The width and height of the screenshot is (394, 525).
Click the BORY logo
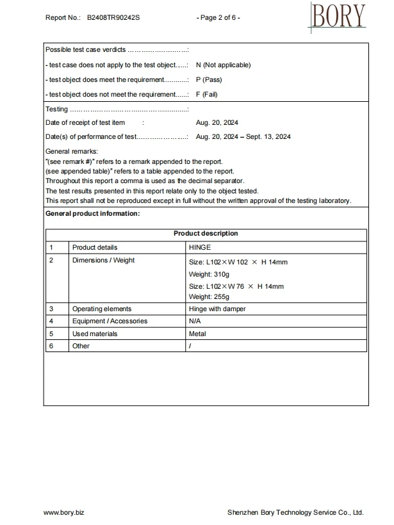pyautogui.click(x=339, y=17)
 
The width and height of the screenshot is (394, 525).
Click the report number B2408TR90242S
pyautogui.click(x=113, y=17)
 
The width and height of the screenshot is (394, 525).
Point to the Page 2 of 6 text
pyautogui.click(x=218, y=17)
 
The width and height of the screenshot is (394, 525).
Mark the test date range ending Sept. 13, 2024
pyautogui.click(x=243, y=137)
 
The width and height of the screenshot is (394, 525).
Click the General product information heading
pyautogui.click(x=92, y=213)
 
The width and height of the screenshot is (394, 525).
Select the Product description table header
pyautogui.click(x=206, y=234)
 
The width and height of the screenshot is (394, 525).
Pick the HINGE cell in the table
pyautogui.click(x=200, y=247)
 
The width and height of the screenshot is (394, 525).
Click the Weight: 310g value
pyautogui.click(x=204, y=274)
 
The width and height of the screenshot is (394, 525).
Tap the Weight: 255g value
pyautogui.click(x=204, y=297)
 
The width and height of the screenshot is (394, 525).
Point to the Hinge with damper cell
pyautogui.click(x=217, y=309)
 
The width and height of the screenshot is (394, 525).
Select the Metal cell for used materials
pyautogui.click(x=197, y=334)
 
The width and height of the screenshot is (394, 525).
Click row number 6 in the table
pyautogui.click(x=51, y=346)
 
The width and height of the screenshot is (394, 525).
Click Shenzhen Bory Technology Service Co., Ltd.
pyautogui.click(x=295, y=513)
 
